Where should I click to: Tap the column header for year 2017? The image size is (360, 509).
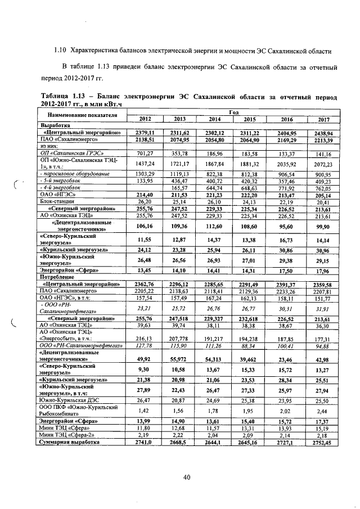click(x=323, y=119)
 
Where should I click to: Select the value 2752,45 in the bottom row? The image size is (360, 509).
click(x=323, y=443)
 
